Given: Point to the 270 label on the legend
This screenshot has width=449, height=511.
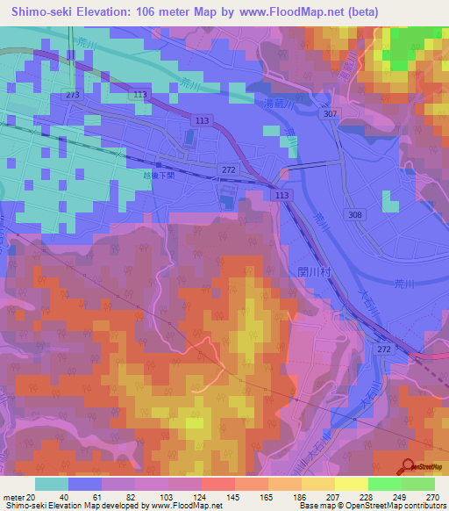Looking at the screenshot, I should (431, 496).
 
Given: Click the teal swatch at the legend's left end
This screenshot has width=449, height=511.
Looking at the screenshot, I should (52, 484).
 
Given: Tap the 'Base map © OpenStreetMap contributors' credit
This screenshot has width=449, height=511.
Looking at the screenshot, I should (370, 506).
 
